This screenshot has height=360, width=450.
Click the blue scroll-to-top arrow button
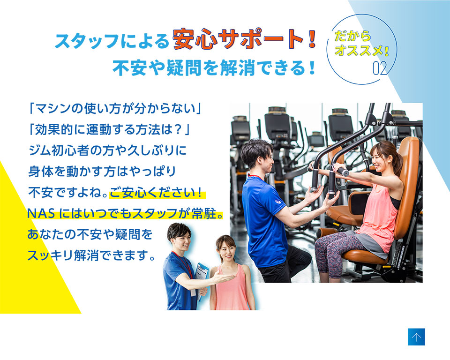[x=416, y=337]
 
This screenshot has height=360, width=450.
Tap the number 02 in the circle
[x=380, y=68]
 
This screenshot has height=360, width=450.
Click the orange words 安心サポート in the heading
[x=238, y=39]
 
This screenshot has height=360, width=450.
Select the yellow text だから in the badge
[x=352, y=36]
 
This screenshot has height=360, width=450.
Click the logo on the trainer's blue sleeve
[x=278, y=202]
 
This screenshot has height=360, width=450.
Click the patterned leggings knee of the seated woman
[x=327, y=243]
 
